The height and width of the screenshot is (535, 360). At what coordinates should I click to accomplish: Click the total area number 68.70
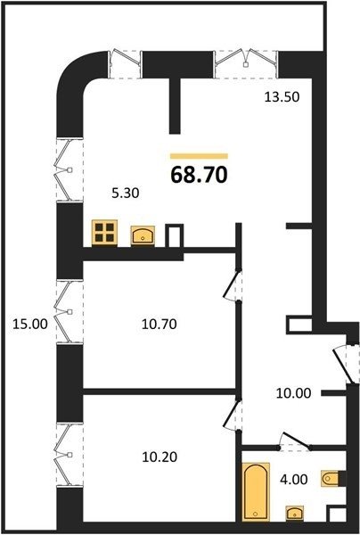click(199, 175)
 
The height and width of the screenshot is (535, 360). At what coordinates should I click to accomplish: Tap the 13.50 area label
click(282, 97)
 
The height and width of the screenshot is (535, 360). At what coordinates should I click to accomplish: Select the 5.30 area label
click(126, 193)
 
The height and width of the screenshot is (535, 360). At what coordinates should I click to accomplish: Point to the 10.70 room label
click(160, 324)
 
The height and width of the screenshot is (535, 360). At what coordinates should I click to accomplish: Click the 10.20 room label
click(160, 457)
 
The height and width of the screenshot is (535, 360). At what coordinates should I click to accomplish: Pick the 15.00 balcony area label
click(30, 324)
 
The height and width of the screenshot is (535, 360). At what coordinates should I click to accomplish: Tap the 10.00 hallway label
click(293, 393)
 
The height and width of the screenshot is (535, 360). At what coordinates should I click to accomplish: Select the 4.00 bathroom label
click(294, 480)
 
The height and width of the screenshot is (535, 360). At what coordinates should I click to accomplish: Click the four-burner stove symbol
click(104, 233)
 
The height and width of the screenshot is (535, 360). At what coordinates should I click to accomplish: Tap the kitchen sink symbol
click(143, 235)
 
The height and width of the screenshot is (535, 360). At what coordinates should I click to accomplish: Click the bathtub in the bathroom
click(256, 491)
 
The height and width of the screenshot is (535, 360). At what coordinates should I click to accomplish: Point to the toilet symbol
click(330, 479)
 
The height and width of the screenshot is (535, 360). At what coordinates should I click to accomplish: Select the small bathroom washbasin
click(295, 513)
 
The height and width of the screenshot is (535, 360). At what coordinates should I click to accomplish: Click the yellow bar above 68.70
click(199, 156)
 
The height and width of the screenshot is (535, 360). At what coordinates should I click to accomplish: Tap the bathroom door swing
click(295, 441)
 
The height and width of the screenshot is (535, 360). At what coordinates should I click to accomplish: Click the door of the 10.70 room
click(233, 285)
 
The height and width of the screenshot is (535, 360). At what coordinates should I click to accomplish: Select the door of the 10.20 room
click(233, 415)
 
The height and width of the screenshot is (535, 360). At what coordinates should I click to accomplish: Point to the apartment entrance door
click(346, 364)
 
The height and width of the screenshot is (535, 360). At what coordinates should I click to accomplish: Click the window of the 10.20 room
click(70, 455)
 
